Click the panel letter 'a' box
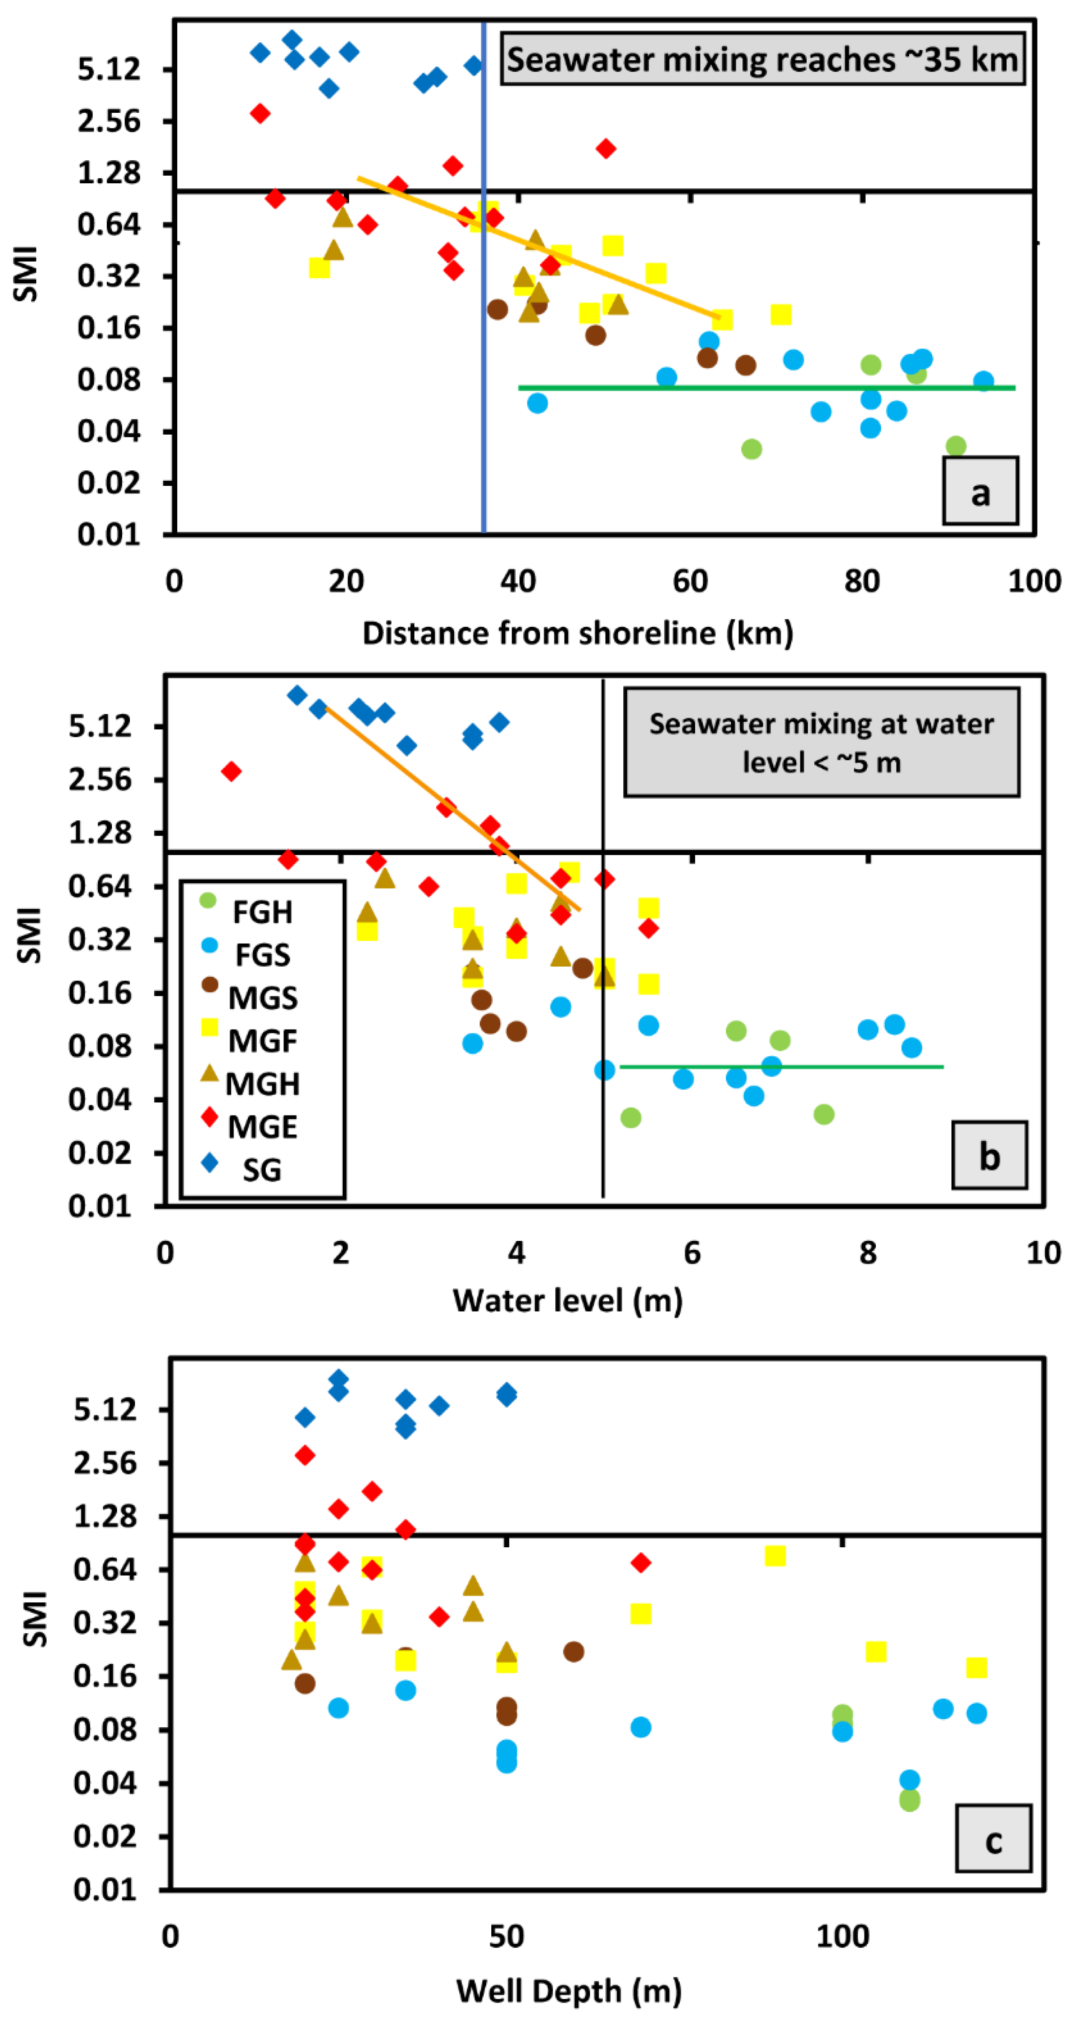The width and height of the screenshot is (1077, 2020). pos(980,491)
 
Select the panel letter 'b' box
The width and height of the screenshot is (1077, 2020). pos(989,1155)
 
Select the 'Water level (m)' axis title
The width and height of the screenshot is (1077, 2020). pos(567,1299)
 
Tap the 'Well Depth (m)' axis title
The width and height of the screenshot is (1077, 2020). pos(569,1990)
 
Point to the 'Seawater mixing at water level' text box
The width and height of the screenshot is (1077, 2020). pos(821,742)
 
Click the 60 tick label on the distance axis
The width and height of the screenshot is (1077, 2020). pos(690,581)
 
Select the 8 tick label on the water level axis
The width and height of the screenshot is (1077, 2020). pos(867,1252)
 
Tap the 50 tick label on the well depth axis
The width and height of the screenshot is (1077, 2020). pos(506,1936)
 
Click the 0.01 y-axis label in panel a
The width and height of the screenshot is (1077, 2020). pos(108,534)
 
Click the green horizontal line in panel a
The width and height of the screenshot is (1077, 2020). pos(766,387)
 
